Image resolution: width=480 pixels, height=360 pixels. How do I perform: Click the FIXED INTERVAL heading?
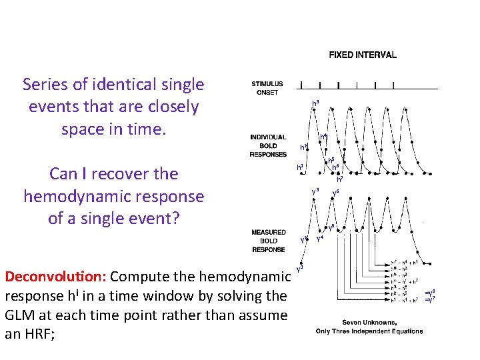362,55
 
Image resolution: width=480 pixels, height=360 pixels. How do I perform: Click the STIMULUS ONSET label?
267,88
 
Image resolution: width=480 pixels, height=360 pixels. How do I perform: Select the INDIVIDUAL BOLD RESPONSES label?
268,145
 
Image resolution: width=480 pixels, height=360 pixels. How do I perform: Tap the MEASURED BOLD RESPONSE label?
268,241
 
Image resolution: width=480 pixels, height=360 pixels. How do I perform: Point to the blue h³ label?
315,103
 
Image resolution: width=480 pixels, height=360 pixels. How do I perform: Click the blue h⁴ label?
323,137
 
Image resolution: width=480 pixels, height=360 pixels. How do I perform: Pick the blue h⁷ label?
340,179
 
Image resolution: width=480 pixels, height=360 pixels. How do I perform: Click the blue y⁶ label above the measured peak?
336,192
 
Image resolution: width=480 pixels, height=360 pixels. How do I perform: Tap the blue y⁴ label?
319,238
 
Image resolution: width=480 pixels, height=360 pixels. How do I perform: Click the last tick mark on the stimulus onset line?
395,85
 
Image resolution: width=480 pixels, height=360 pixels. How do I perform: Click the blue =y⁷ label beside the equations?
430,300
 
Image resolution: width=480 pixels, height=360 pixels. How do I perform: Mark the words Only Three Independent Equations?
369,331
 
